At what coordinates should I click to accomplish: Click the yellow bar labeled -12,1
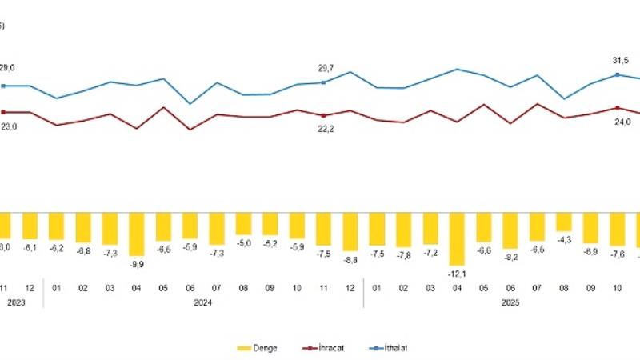(x=457, y=238)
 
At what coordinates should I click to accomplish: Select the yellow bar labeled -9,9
(x=136, y=234)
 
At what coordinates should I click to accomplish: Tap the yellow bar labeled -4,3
(x=564, y=222)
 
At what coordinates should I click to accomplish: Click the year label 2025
(x=510, y=303)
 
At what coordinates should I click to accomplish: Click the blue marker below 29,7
(x=323, y=82)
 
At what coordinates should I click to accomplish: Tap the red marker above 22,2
(x=323, y=116)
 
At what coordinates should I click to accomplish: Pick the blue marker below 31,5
(x=618, y=74)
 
